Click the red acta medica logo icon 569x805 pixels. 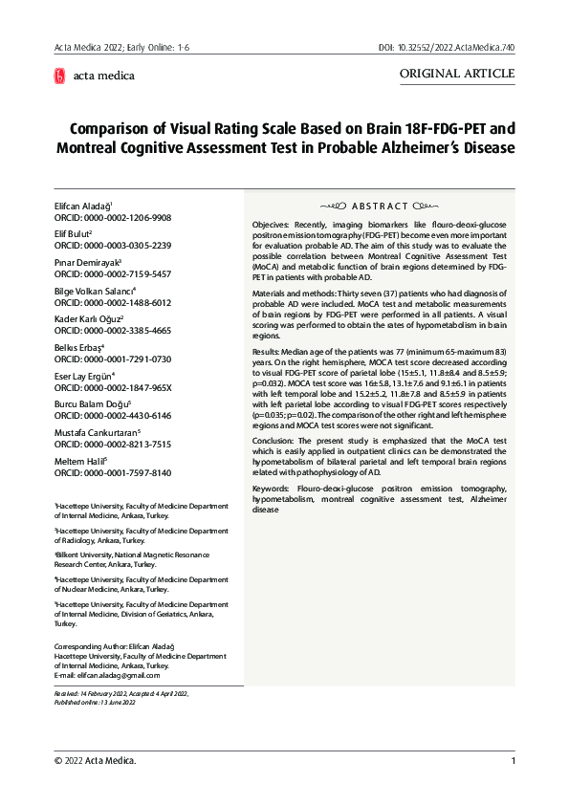60,76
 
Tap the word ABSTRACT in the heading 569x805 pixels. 380,206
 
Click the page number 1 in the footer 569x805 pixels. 514,761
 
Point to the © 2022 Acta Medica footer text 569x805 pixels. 95,761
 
